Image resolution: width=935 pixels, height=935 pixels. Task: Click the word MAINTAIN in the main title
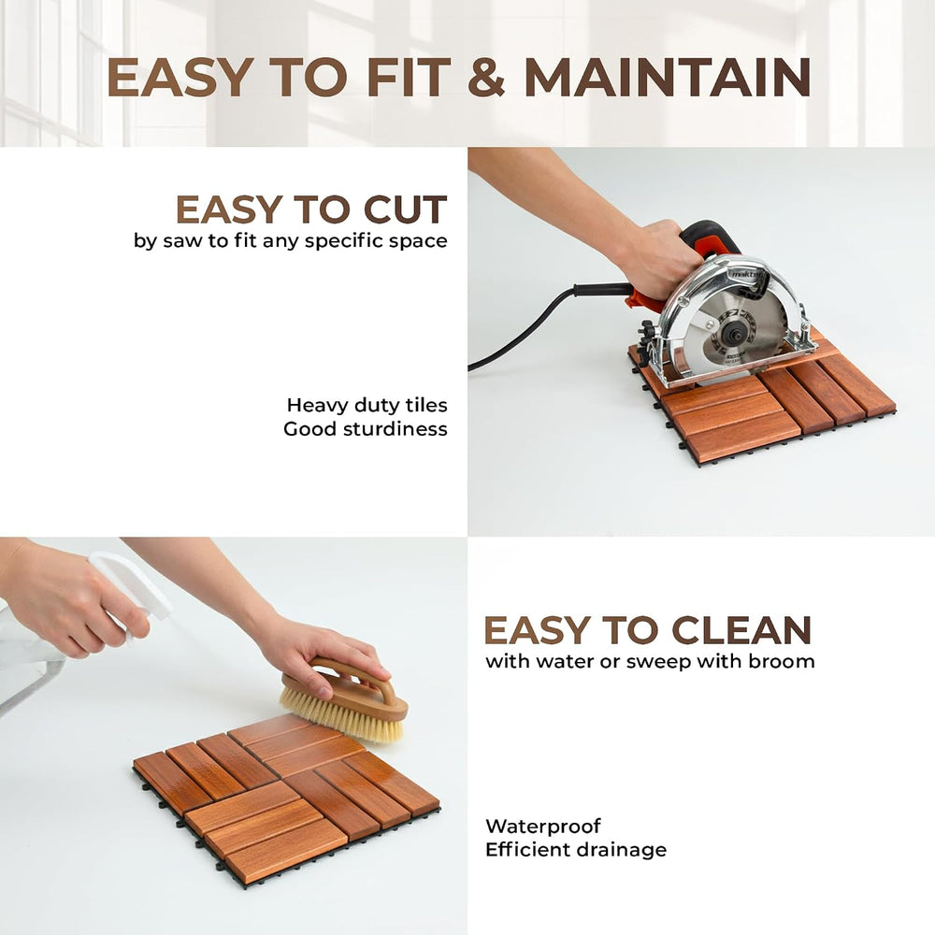pyautogui.click(x=668, y=77)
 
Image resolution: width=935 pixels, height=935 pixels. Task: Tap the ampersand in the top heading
pyautogui.click(x=486, y=77)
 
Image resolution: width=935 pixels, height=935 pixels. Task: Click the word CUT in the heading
pyautogui.click(x=406, y=209)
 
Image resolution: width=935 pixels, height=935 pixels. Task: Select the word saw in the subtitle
pyautogui.click(x=183, y=241)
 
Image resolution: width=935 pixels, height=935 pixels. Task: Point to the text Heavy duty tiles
pyautogui.click(x=367, y=405)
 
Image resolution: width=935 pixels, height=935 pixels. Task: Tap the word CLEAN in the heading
pyautogui.click(x=741, y=629)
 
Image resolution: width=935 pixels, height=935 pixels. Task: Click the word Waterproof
pyautogui.click(x=542, y=827)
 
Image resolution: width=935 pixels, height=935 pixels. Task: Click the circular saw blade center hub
pyautogui.click(x=731, y=332)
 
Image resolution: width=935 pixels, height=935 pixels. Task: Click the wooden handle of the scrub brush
pyautogui.click(x=352, y=685)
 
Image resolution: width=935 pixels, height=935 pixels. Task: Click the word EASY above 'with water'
pyautogui.click(x=536, y=629)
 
